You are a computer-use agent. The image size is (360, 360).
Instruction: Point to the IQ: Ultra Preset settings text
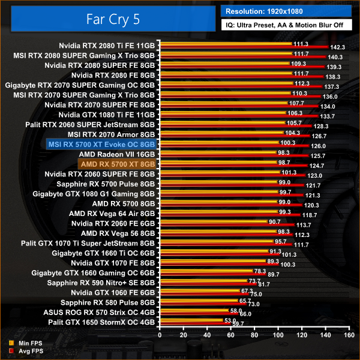pyautogui.click(x=286, y=25)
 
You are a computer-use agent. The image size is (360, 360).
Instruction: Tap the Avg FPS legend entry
pyautogui.click(x=26, y=351)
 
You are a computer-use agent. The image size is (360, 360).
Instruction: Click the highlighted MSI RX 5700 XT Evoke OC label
pyautogui.click(x=101, y=144)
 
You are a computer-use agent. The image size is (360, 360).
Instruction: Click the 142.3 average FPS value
pyautogui.click(x=338, y=47)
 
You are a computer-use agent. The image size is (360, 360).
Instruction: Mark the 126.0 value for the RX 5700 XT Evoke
pyautogui.click(x=319, y=146)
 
